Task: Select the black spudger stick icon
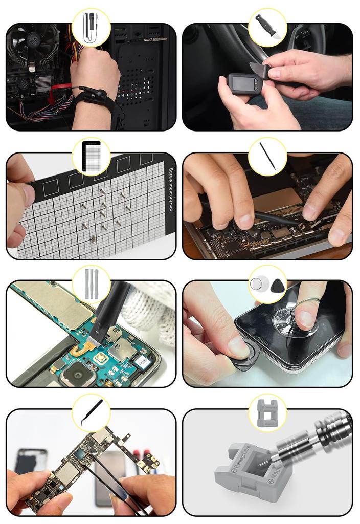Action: pos(267,156)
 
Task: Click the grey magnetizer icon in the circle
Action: pos(267,412)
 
